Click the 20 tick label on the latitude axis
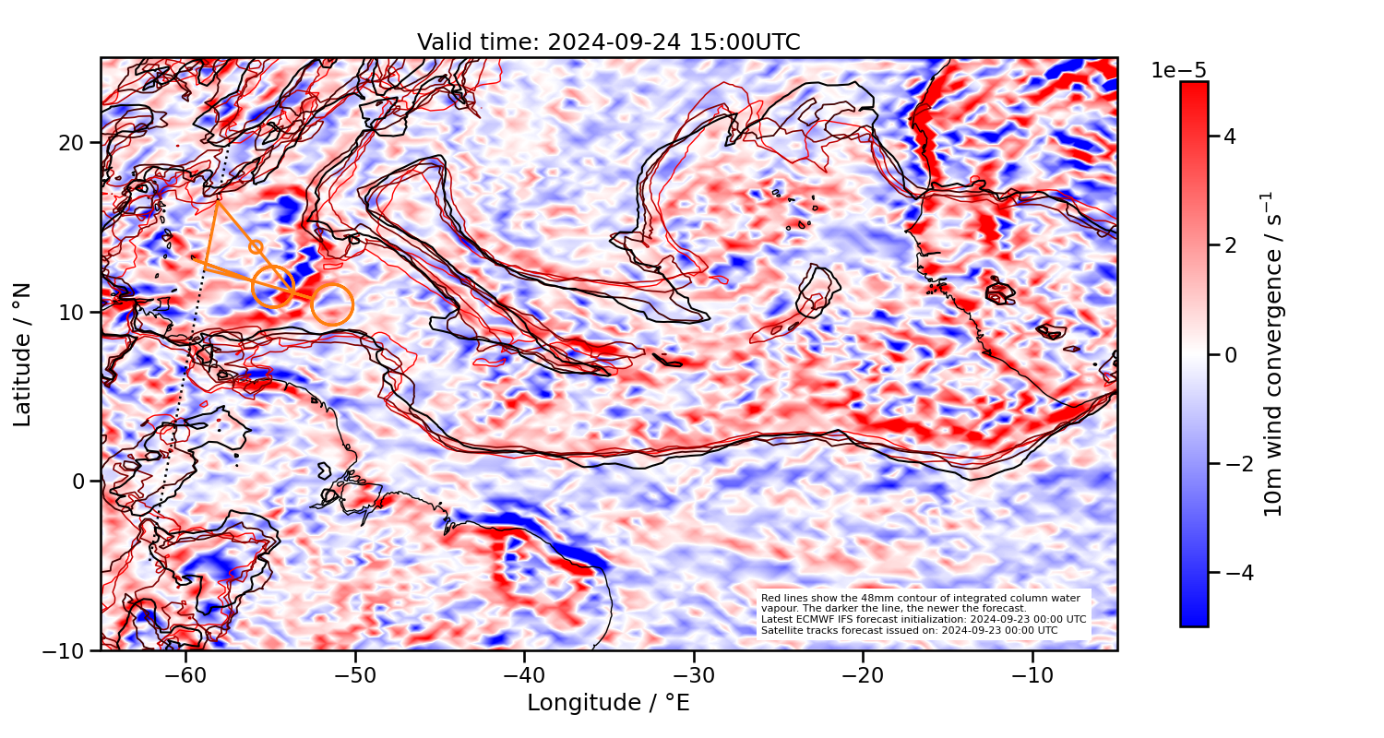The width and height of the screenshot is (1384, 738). click(74, 143)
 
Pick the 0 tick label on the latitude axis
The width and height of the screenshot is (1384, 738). click(80, 482)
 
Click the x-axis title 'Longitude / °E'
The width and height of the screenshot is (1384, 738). click(608, 703)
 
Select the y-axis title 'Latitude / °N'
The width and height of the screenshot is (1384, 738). click(23, 354)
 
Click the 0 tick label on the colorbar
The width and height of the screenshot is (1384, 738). click(1228, 354)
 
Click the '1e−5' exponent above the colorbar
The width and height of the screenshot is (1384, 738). click(1178, 71)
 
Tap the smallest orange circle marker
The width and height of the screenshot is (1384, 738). click(256, 247)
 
